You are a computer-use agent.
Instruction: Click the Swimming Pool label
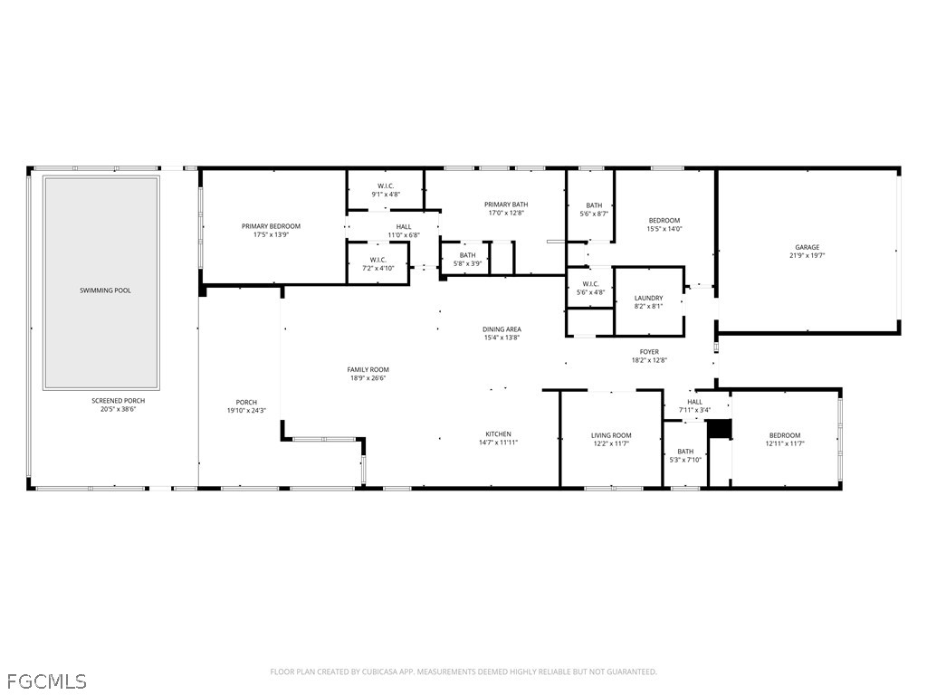101,290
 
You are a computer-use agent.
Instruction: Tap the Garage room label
807,247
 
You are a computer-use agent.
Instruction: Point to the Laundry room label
648,298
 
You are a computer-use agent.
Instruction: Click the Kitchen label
498,433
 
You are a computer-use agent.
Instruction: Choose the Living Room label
611,435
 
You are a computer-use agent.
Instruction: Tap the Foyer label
649,351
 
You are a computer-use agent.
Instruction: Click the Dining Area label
502,329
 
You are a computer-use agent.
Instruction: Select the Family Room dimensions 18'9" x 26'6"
368,379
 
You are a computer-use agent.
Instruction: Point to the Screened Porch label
118,400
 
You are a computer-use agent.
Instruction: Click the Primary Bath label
506,205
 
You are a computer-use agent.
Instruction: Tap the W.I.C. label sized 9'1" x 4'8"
385,186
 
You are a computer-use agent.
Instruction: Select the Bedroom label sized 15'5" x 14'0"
664,220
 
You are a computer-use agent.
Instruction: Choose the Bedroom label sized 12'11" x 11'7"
785,435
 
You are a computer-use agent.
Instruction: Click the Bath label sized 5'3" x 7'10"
685,451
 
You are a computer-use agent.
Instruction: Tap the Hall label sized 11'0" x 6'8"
403,226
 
